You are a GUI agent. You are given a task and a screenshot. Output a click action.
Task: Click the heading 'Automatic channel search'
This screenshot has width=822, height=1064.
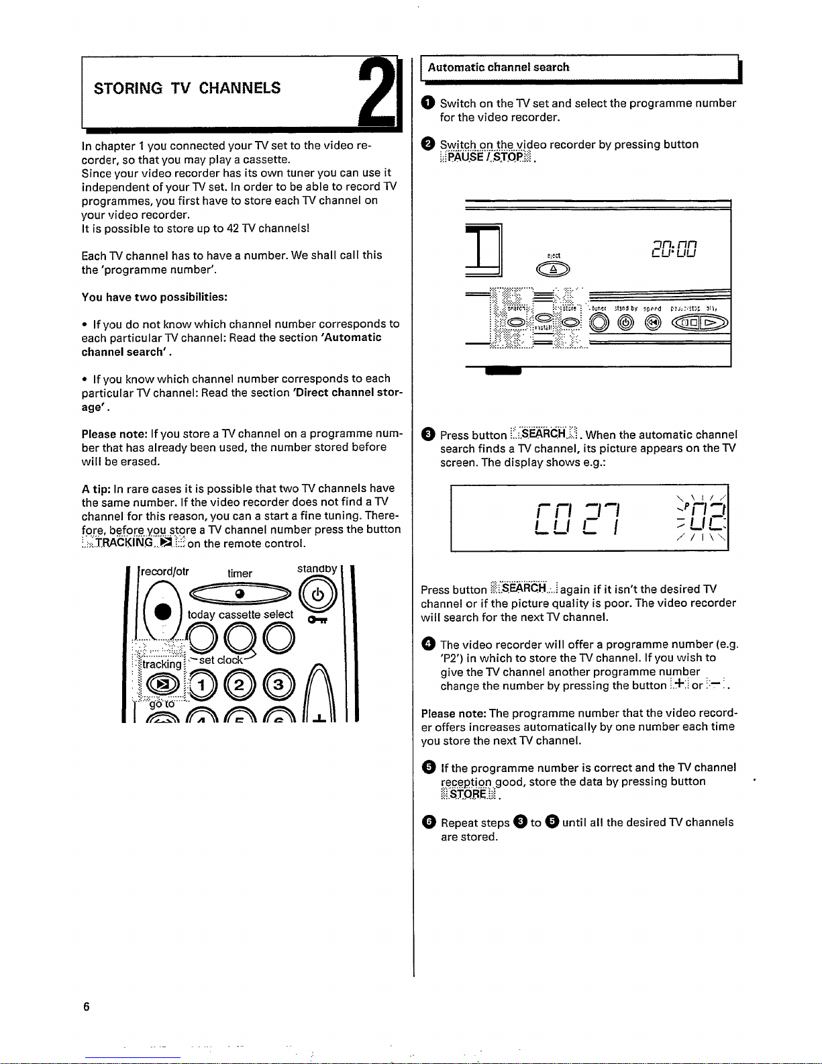499,67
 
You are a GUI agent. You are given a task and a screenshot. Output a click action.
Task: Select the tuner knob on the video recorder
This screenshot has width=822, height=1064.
599,324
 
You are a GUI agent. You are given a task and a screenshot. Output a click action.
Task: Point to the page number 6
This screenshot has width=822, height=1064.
87,1006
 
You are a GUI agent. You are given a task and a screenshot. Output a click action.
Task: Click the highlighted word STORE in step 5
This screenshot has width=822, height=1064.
468,795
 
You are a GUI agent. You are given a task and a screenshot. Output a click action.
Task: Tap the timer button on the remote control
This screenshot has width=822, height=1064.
240,594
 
